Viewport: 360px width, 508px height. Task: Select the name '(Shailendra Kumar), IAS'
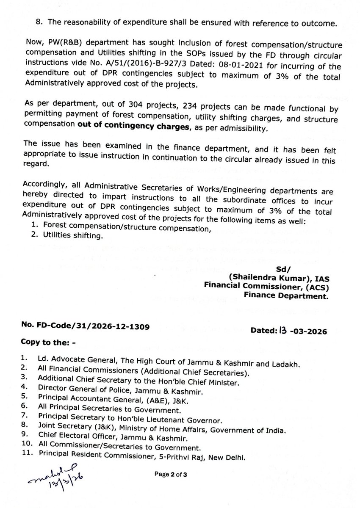[x=278, y=277]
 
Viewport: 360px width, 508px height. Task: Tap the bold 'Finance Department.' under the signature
[x=286, y=297]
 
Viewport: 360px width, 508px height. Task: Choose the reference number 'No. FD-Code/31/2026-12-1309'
[x=84, y=326]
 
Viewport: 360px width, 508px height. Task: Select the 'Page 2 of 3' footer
[x=173, y=475]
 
